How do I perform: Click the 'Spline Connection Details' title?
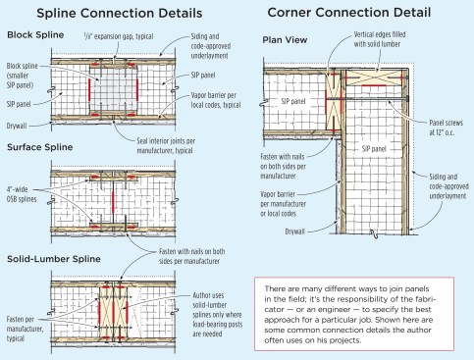(120, 14)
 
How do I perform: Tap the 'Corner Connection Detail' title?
(349, 13)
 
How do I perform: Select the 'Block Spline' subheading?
(35, 35)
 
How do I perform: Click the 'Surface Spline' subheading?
(40, 147)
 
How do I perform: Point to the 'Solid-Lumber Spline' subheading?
(54, 259)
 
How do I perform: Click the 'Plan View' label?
(285, 40)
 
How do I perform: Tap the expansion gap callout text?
(119, 36)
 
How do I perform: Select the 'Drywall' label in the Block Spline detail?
(17, 126)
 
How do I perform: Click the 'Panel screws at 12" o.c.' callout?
(446, 128)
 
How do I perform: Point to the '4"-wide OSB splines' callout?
(22, 194)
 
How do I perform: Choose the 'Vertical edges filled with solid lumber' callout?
(380, 39)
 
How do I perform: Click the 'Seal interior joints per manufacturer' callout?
(166, 146)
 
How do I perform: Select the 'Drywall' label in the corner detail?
(294, 231)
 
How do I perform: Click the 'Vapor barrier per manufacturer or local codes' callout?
(283, 204)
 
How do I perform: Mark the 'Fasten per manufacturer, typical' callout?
(25, 329)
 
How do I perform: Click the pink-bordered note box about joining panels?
(354, 314)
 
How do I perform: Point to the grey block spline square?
(113, 89)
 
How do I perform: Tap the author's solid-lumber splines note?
(217, 315)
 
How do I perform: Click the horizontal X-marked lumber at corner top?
(374, 77)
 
